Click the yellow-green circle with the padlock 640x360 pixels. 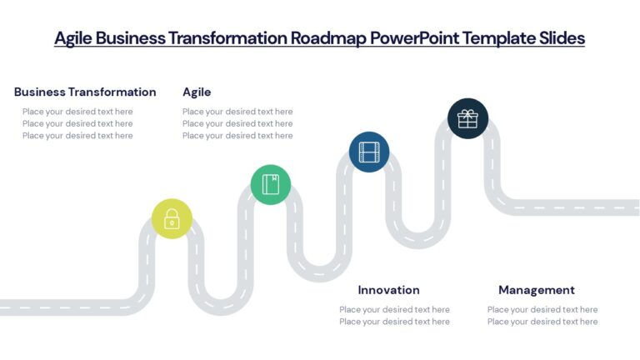(x=172, y=219)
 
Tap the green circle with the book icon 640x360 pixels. (x=271, y=184)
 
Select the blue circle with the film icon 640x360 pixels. (x=368, y=152)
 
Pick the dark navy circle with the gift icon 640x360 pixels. (x=467, y=118)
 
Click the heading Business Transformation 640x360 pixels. (x=85, y=92)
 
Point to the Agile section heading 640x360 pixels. (x=197, y=92)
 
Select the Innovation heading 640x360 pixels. (x=388, y=290)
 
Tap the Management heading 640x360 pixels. (x=536, y=290)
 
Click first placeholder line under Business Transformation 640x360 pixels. (x=77, y=112)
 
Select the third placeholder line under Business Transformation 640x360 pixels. (x=77, y=136)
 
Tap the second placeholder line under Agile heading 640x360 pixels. (x=237, y=123)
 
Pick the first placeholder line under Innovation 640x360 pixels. (x=394, y=310)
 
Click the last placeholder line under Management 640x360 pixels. (x=542, y=322)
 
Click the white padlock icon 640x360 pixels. (x=172, y=219)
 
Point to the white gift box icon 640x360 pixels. (x=467, y=118)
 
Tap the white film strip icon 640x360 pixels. (x=368, y=152)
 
